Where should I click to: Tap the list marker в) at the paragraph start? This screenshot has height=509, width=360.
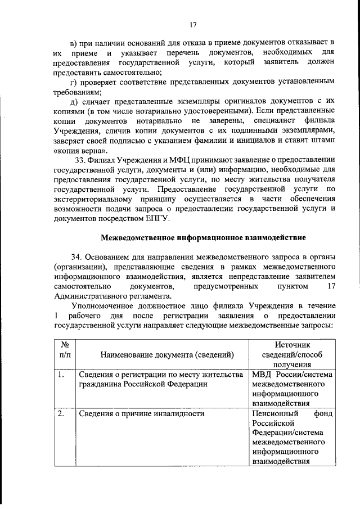73,42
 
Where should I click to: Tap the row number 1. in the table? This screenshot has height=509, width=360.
62,374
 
